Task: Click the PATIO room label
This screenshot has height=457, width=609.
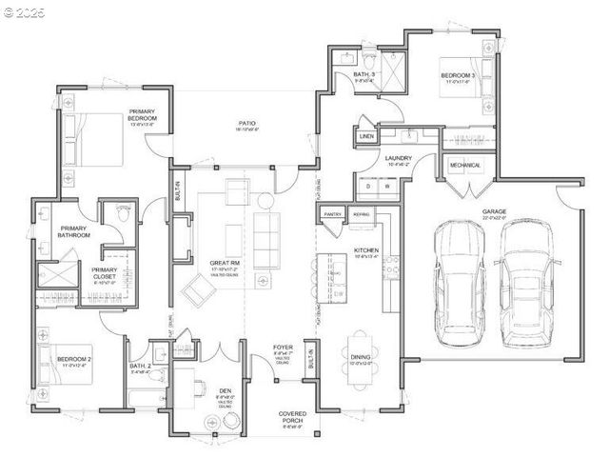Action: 246,124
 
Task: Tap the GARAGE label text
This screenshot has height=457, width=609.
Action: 494,212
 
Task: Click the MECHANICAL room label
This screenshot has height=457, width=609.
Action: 465,165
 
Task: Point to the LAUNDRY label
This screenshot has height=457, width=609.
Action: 398,159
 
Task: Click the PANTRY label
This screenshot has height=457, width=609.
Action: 332,215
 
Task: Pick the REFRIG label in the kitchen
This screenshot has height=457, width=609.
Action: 361,215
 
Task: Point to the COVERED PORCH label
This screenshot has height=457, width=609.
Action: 292,416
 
